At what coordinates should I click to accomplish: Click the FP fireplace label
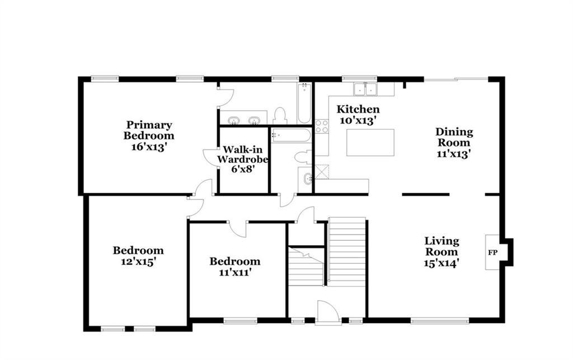492,253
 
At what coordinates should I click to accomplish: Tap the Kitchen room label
358,109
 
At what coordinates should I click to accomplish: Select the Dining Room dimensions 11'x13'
453,154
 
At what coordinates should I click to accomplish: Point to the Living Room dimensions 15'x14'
442,263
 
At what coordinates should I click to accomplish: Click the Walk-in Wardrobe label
243,154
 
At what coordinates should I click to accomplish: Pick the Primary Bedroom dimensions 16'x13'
149,147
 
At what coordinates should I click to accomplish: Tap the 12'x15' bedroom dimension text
139,261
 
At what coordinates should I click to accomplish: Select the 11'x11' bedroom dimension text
234,272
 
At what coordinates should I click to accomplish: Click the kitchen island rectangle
370,143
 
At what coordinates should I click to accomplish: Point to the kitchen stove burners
322,127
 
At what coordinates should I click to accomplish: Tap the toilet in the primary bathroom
280,116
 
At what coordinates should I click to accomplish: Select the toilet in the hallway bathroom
302,157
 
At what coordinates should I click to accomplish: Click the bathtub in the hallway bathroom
291,135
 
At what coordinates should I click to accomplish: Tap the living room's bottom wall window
440,321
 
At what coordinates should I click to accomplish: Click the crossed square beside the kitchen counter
322,172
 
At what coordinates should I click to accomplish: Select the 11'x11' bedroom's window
240,321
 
